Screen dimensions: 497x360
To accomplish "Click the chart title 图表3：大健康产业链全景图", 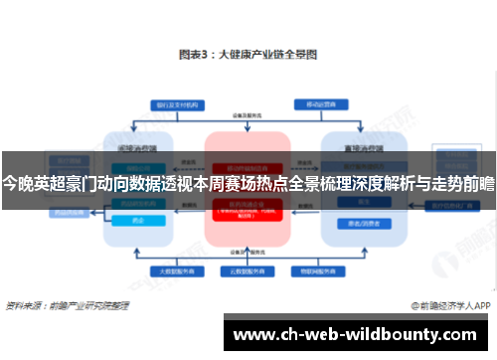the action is (248, 57).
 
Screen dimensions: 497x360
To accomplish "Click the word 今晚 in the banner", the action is (18, 184).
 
